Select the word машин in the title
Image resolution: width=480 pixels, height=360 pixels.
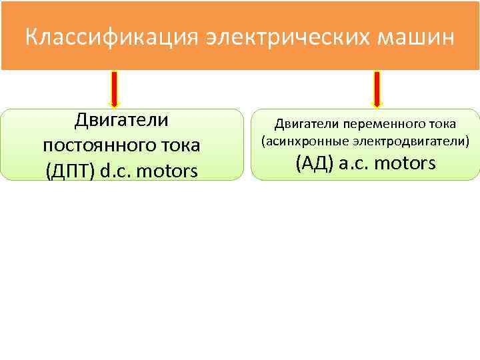pos(415,37)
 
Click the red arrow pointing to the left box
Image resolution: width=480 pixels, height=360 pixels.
pos(115,89)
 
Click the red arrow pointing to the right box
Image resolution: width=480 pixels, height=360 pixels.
pos(377,89)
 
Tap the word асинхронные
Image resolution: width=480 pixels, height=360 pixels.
pos(298,141)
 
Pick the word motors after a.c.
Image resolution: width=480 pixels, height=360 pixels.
pos(406,163)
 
